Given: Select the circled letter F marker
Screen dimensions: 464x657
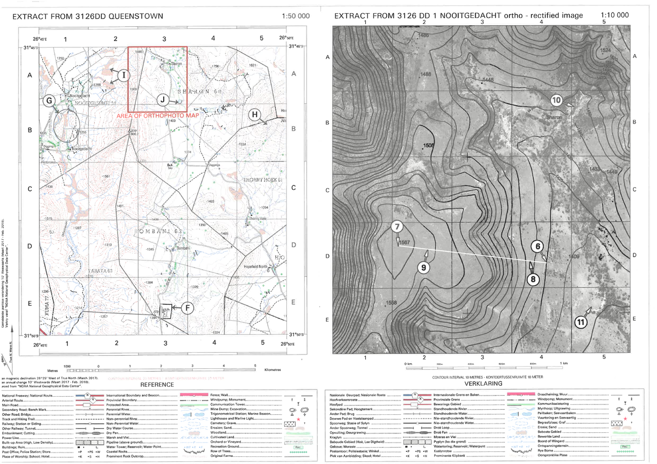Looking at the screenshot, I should (187, 308).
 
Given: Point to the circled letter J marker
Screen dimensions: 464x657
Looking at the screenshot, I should (163, 99).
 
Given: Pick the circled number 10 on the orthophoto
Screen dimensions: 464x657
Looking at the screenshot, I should (556, 101).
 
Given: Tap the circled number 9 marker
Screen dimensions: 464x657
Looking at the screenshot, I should (423, 267).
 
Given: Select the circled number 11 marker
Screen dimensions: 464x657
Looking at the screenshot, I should (581, 322).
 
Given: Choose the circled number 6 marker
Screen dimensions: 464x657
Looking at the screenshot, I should (538, 247).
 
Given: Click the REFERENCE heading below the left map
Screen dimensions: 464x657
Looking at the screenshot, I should (158, 385).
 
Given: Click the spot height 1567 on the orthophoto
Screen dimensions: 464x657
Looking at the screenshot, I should (405, 242).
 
